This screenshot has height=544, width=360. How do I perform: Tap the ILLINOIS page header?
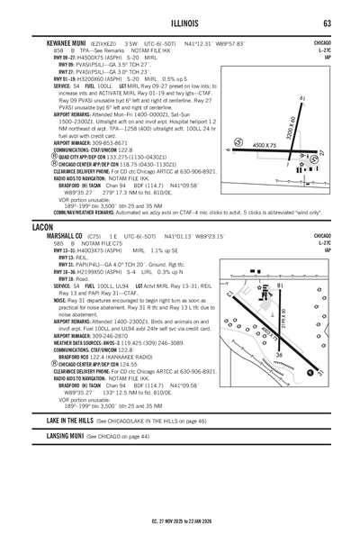[179, 23]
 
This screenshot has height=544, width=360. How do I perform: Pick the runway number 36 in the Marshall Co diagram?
[278, 356]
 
